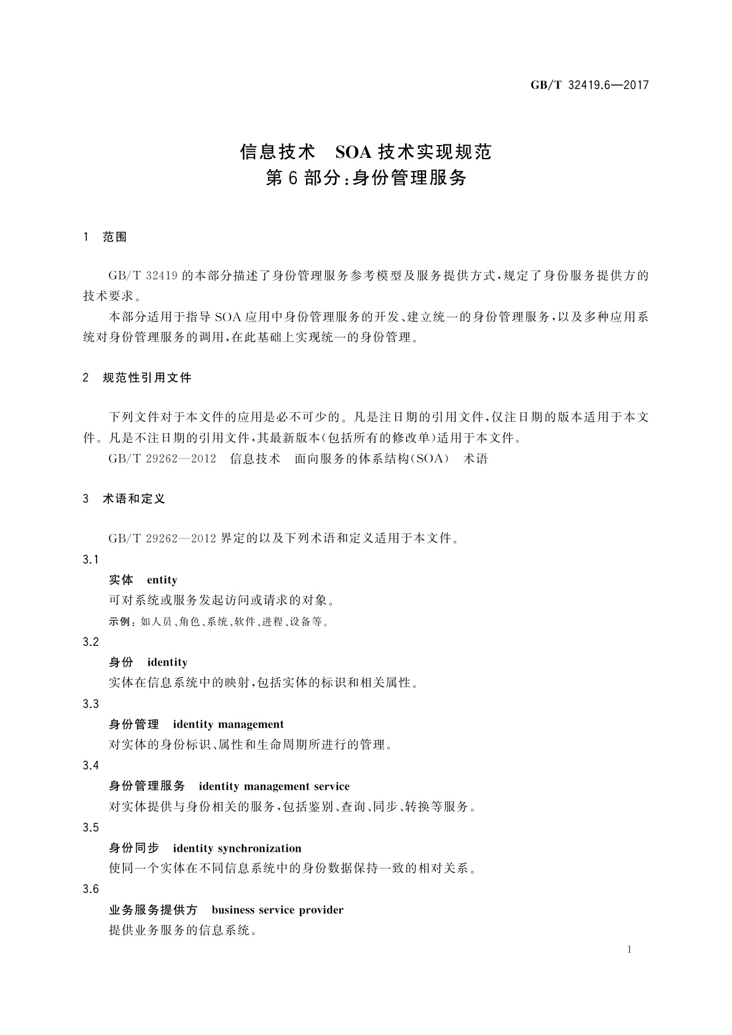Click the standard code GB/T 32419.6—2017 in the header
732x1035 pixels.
(589, 85)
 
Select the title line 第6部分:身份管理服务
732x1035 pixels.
(366, 178)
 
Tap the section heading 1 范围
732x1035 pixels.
(104, 237)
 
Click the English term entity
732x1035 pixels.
(162, 580)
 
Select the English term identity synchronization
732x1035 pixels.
(237, 848)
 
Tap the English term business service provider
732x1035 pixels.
(277, 910)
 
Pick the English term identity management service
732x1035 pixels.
(274, 786)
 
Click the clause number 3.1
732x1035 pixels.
(90, 559)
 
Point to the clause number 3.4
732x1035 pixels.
(90, 765)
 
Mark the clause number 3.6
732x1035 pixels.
(90, 889)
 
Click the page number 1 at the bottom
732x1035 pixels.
(629, 950)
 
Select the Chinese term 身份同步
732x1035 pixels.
(134, 848)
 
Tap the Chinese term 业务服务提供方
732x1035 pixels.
(153, 910)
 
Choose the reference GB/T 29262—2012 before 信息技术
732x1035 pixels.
(162, 458)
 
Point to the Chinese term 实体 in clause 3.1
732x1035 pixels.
(121, 580)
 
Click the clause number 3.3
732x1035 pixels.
(90, 703)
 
